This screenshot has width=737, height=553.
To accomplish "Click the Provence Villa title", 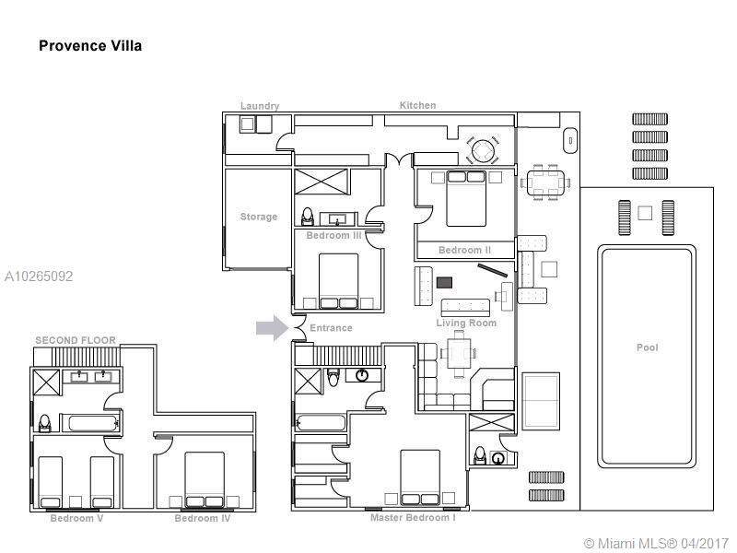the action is click(x=90, y=45).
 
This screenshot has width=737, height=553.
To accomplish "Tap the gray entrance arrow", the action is click(x=272, y=328).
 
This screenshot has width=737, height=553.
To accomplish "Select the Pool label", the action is click(x=648, y=347).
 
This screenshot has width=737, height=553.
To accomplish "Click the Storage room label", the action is click(x=259, y=217).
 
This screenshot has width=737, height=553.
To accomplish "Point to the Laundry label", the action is click(x=260, y=106).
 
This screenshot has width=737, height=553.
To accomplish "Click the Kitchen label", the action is click(x=418, y=105).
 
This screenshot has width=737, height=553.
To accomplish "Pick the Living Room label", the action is click(x=466, y=324).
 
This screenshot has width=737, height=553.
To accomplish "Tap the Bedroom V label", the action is click(x=76, y=518).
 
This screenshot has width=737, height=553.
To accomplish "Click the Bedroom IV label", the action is click(x=203, y=518).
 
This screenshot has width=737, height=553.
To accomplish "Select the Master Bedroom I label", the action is click(x=413, y=518).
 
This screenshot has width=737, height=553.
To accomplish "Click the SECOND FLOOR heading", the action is click(x=76, y=340).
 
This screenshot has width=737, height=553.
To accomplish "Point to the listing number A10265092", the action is click(x=39, y=276).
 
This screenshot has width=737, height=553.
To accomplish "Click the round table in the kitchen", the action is click(x=483, y=150).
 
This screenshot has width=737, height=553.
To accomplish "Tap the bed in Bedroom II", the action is click(x=466, y=199).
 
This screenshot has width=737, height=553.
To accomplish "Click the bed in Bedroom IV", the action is click(x=205, y=479).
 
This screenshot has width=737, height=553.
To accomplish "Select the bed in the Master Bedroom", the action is click(x=420, y=477).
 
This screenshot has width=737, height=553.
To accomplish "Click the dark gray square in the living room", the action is click(x=444, y=283).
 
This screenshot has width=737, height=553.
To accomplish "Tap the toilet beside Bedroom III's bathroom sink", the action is click(x=308, y=217).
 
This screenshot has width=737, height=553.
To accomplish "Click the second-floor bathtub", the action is click(x=93, y=423).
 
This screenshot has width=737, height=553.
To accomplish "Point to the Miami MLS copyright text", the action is click(x=656, y=543).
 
